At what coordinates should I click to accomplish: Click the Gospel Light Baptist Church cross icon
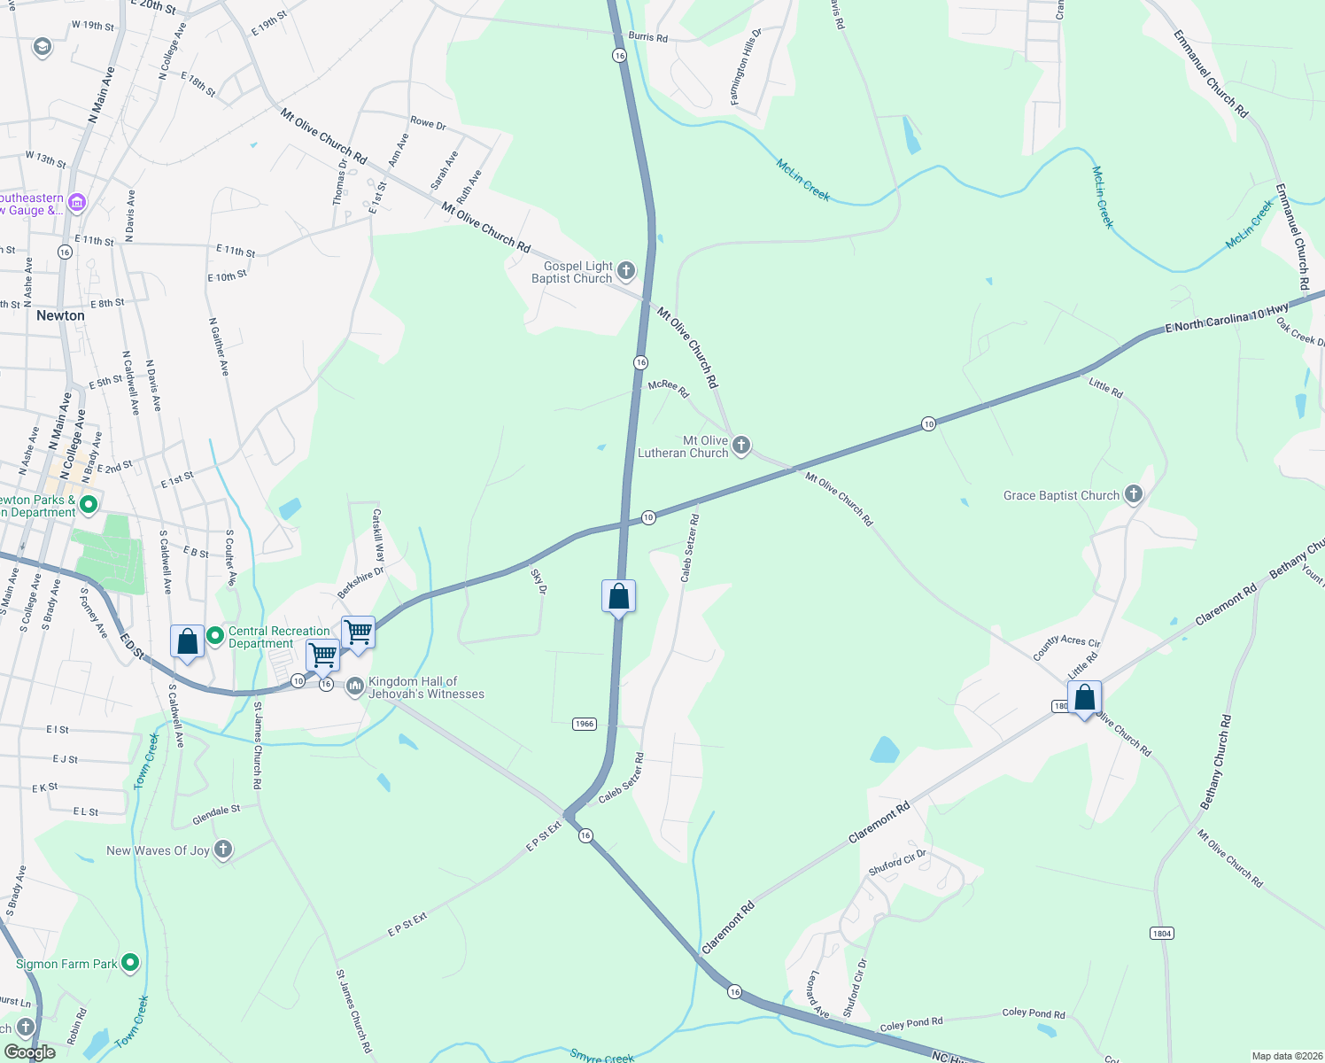625,270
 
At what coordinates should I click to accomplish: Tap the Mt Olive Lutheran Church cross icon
741,445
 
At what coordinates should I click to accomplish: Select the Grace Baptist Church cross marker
1134,494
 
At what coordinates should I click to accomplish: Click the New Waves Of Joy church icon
223,850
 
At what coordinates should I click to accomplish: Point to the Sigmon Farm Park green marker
130,962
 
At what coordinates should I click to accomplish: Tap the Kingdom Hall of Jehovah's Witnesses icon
355,687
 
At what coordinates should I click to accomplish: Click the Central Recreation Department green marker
214,635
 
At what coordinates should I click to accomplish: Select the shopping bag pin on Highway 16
618,598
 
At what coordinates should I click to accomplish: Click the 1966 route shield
584,724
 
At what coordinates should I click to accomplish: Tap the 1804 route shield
1162,933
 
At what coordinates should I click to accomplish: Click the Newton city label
60,315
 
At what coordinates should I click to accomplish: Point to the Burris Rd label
647,37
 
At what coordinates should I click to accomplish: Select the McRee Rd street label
668,388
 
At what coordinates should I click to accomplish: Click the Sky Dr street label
538,581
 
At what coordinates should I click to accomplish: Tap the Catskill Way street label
378,535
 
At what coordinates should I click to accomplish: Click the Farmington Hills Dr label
745,67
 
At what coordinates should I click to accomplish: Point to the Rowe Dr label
428,123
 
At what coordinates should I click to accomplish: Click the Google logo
29,1052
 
